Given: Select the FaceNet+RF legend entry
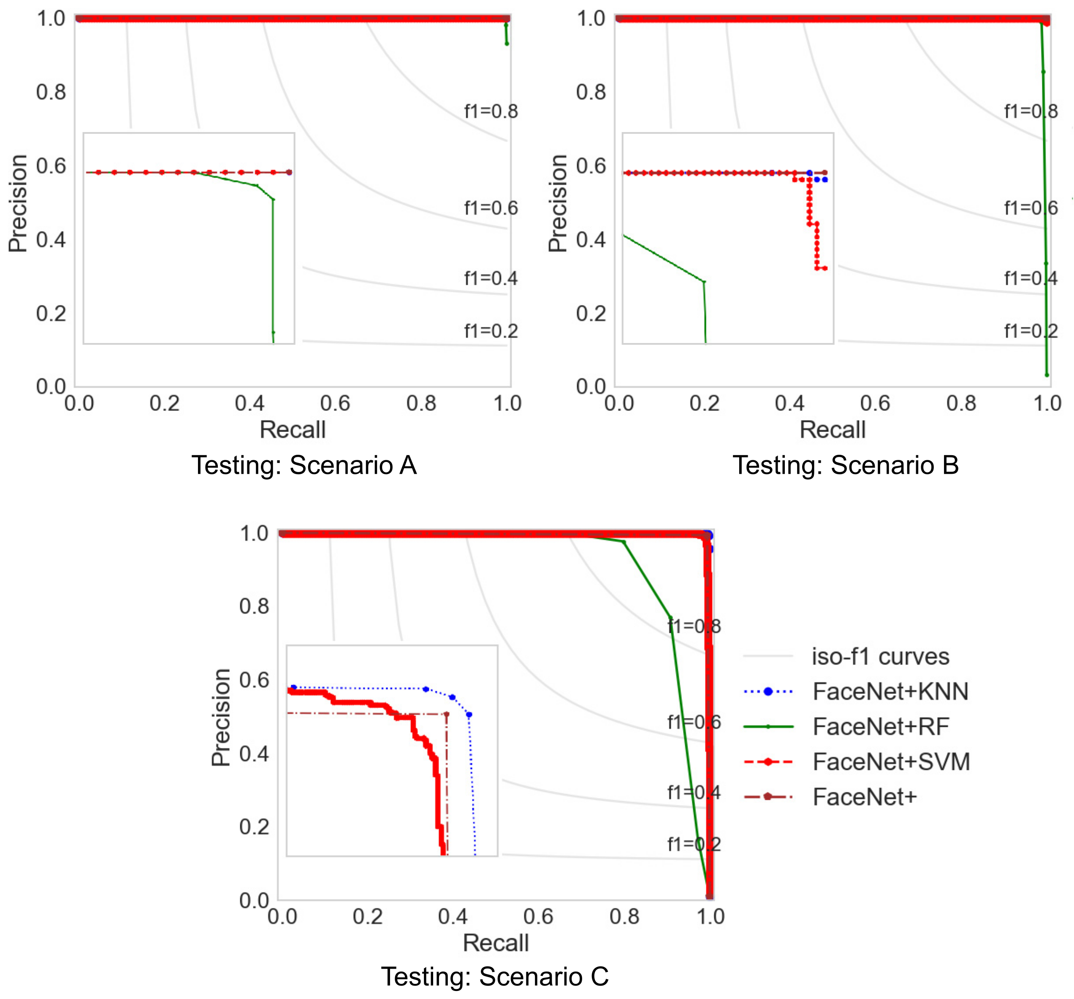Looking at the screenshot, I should tap(881, 727).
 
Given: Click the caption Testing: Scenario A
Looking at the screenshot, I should tap(304, 465).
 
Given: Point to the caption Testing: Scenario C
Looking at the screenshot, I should tap(495, 976).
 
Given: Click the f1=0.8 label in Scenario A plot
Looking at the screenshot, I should tap(491, 111).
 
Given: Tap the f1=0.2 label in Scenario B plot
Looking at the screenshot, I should tap(1030, 331).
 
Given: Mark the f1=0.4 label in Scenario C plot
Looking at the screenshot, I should tap(694, 793).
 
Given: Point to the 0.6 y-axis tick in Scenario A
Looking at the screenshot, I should tap(51, 166).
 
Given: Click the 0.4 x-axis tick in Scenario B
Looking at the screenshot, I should tap(789, 403).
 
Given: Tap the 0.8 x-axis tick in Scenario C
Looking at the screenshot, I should tap(624, 917).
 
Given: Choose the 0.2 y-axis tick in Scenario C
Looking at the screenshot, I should tap(254, 827).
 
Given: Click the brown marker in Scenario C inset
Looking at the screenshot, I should tap(446, 714).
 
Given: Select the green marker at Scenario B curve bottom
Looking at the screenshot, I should tap(1047, 375).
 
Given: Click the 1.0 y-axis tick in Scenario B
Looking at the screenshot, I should tap(591, 19).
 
